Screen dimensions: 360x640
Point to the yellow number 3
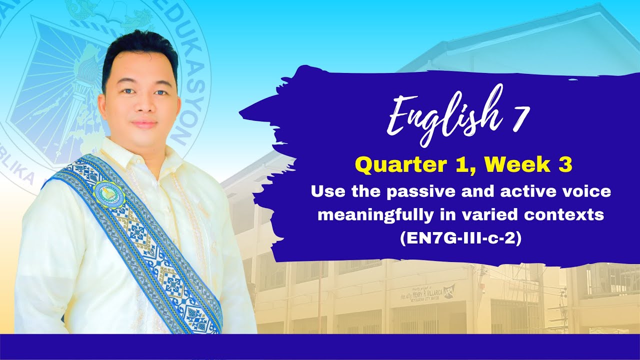tap(565, 165)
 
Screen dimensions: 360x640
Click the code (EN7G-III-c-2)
tap(460, 239)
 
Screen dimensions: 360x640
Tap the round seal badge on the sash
tap(107, 193)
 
